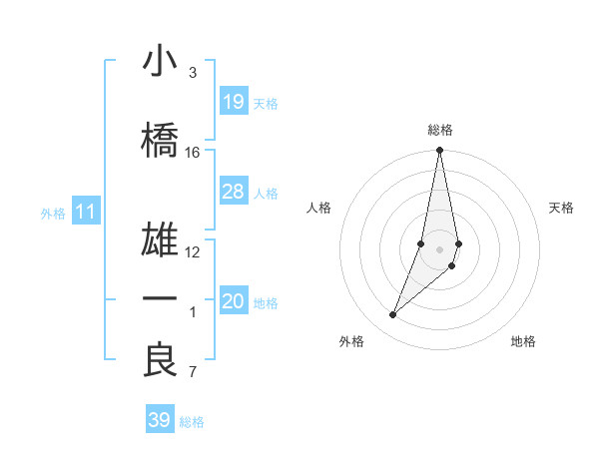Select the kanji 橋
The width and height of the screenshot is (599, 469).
pos(160,140)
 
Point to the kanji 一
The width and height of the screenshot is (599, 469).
pos(160,299)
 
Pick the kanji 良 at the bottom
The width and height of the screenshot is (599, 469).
pos(160,360)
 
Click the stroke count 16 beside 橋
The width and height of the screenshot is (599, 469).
pos(193,153)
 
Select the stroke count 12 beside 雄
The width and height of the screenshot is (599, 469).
pos(193,252)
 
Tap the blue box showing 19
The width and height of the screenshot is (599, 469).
pos(233,101)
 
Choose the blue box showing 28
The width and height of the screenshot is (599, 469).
pos(233,192)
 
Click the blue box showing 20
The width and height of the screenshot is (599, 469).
pos(233,301)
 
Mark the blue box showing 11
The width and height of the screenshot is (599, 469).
pos(85,212)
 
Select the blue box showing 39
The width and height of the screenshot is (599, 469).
pos(159,420)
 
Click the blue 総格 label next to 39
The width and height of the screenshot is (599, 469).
pos(192,422)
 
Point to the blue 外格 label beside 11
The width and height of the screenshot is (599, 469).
pos(53,213)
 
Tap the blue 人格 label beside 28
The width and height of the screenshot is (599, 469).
pos(266,194)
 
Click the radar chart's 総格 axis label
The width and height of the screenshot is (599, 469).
pos(440,130)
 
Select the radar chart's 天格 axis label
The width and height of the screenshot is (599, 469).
pos(562,208)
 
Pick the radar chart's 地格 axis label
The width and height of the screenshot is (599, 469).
pos(523,341)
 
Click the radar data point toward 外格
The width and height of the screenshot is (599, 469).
pos(393,315)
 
